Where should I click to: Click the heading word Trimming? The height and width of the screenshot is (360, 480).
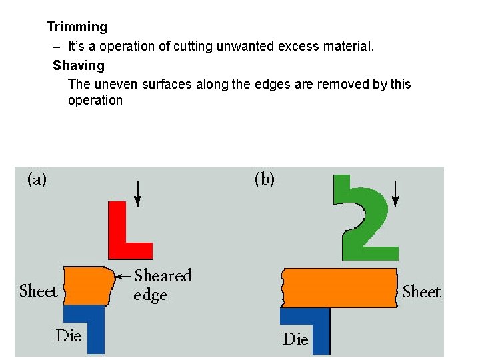tap(77, 27)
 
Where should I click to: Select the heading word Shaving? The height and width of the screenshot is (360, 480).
tap(79, 65)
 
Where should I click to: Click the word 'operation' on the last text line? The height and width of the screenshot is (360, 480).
tap(95, 101)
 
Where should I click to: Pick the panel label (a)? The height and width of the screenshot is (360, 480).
tap(36, 179)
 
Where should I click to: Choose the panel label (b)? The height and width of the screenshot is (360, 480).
tap(265, 179)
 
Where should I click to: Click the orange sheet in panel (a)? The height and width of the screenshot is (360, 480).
tap(87, 286)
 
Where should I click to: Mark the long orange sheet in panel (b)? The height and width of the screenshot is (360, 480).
tap(340, 287)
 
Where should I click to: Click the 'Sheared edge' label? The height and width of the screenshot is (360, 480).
tap(162, 285)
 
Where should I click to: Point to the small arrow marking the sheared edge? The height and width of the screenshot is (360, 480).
tap(123, 275)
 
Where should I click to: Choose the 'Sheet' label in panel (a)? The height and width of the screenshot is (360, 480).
tap(39, 291)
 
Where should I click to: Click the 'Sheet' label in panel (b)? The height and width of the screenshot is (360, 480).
tap(421, 292)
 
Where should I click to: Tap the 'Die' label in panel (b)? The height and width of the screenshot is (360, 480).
tap(295, 339)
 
